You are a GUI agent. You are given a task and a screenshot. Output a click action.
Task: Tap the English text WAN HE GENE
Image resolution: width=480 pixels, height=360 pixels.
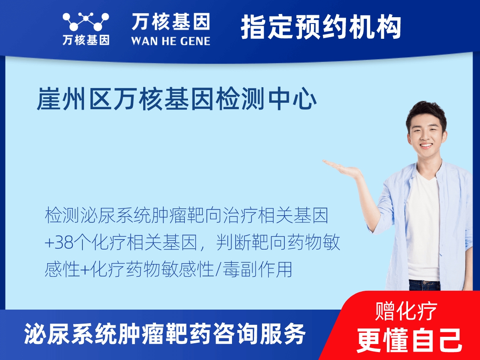(x=170, y=40)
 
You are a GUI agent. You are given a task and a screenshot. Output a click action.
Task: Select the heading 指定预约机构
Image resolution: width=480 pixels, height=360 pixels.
(x=321, y=27)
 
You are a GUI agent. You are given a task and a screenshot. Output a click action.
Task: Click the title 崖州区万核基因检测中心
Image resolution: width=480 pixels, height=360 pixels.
(x=176, y=100)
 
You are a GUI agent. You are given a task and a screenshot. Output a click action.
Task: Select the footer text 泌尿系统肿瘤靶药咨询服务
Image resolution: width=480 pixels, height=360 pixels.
(x=165, y=334)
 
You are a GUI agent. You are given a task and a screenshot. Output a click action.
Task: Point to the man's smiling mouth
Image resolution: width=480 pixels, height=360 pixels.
(x=425, y=146)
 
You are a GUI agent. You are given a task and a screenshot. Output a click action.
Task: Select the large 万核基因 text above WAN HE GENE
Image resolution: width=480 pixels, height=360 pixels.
(x=170, y=22)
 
